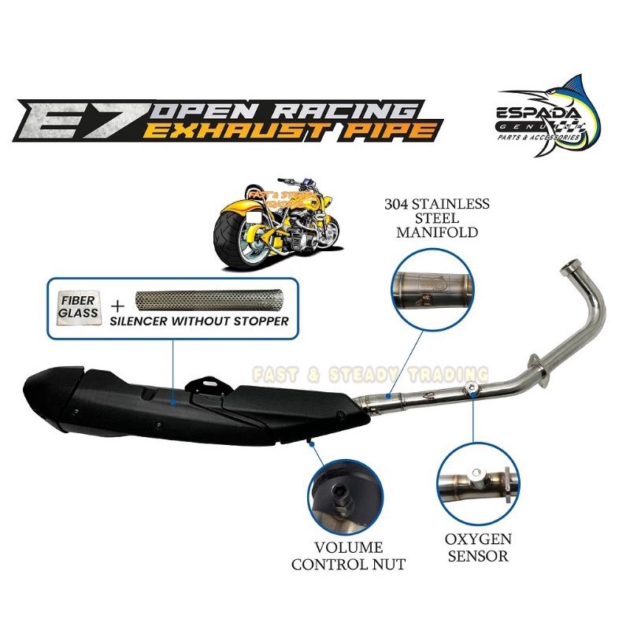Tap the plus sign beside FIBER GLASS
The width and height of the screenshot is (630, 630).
coord(115,306)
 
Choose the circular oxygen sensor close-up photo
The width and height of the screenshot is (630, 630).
coord(475,476)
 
